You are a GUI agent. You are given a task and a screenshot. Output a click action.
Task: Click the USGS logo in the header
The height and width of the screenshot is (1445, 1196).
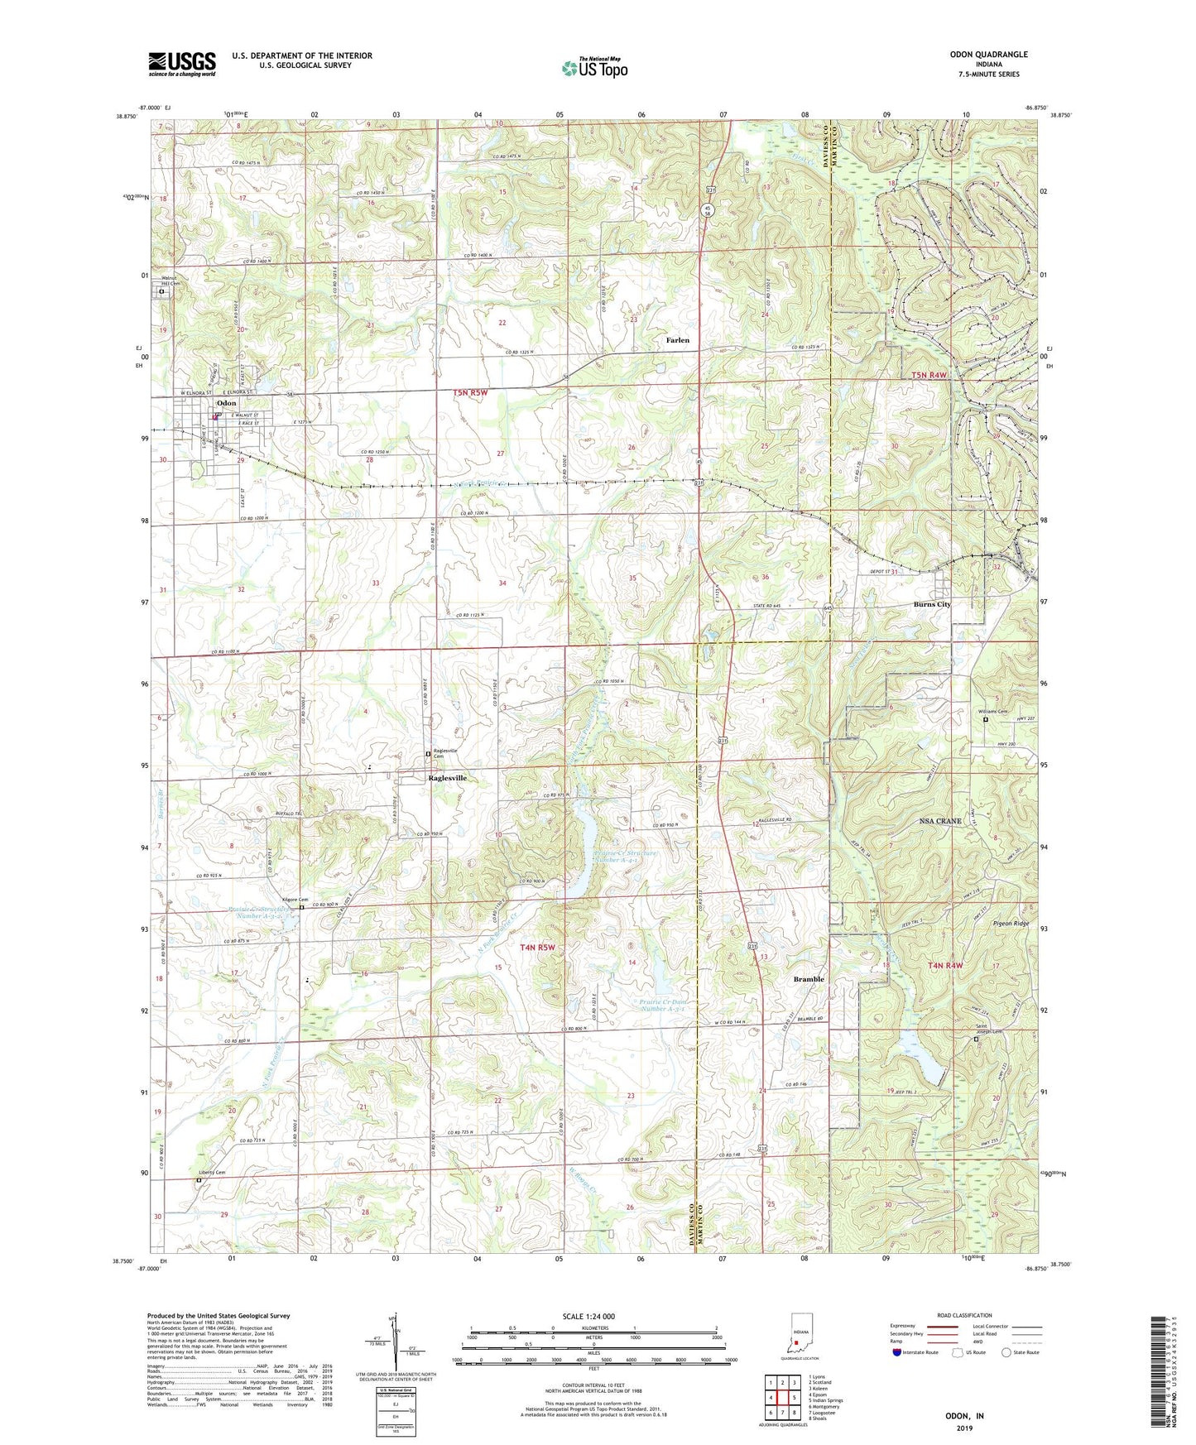(182, 64)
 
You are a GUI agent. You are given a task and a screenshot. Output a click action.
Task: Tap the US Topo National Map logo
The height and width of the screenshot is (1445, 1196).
(594, 68)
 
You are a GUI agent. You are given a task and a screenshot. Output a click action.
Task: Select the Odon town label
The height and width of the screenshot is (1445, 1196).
(226, 403)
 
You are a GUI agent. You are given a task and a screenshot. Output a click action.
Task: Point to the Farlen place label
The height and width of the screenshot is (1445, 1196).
(677, 340)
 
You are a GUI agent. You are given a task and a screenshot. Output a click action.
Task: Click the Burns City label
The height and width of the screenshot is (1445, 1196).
(932, 604)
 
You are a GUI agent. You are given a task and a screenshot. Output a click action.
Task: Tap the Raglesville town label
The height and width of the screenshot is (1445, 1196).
(447, 779)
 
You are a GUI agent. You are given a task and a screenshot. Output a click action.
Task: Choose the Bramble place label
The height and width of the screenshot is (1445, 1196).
(809, 979)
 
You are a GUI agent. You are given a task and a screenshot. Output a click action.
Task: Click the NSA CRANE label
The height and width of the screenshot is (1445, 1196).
(940, 821)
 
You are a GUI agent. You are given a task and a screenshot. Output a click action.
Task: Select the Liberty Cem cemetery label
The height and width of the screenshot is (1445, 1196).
(212, 1173)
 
